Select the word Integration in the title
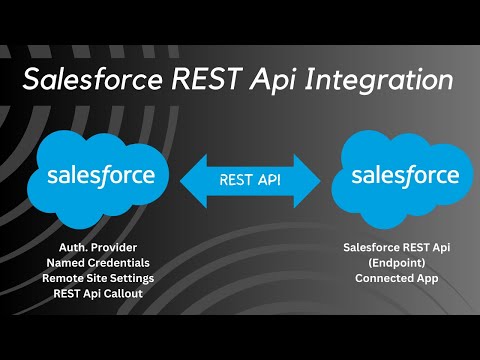389,78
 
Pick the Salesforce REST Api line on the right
397,246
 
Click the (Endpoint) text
397,262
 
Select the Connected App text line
397,278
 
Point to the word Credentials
124,262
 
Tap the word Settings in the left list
140,278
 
